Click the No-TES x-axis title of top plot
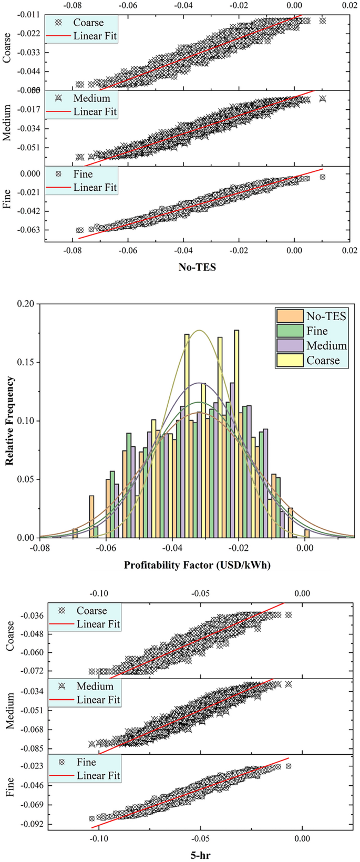click(197, 267)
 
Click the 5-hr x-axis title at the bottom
click(200, 855)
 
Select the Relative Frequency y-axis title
click(9, 420)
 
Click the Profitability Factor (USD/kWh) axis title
click(197, 566)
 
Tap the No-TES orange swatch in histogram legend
click(289, 316)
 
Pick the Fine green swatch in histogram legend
click(289, 331)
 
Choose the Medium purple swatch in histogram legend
click(289, 345)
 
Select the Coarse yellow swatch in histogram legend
click(289, 360)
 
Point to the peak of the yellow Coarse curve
click(199, 330)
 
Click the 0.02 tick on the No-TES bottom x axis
click(349, 251)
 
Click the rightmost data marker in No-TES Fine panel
click(322, 177)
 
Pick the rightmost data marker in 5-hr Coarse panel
click(288, 614)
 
